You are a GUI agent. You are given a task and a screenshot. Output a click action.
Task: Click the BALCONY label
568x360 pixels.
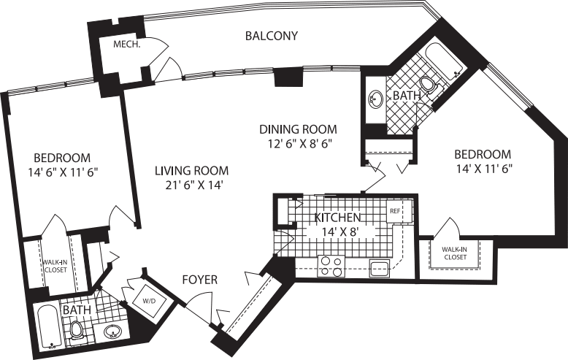pyautogui.click(x=272, y=36)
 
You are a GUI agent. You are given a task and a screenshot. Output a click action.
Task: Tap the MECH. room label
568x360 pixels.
pyautogui.click(x=126, y=45)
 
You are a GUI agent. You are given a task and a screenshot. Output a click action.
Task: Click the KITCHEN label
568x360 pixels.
pyautogui.click(x=337, y=218)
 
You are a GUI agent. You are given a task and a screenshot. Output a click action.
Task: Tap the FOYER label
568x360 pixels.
pyautogui.click(x=199, y=279)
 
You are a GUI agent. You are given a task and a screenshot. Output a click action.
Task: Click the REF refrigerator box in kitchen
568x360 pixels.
pyautogui.click(x=395, y=211)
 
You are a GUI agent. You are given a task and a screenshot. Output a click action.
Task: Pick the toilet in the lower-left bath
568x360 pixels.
pyautogui.click(x=77, y=331)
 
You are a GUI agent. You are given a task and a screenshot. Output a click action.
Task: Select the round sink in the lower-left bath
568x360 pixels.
pyautogui.click(x=112, y=333)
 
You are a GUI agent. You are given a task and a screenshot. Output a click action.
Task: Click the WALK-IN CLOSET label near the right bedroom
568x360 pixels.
pyautogui.click(x=454, y=253)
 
